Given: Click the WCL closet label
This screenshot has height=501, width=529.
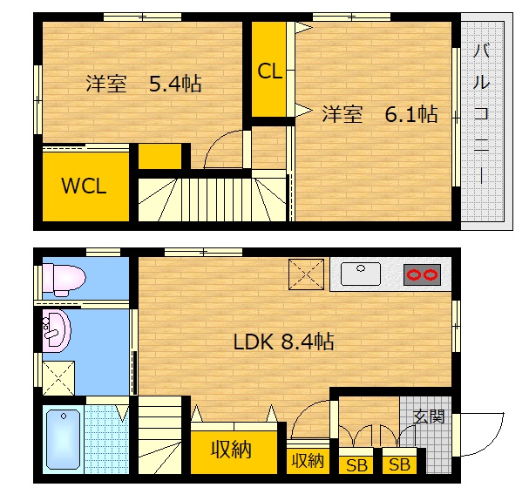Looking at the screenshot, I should [84, 186].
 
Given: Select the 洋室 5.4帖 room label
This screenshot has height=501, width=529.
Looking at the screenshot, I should [144, 85].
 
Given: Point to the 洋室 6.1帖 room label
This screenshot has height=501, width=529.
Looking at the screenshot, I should [380, 114].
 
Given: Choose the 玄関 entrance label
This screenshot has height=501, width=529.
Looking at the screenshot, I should [429, 417].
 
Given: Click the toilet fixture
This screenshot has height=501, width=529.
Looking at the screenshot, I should [64, 279].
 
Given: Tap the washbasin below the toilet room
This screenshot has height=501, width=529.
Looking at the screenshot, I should [56, 331].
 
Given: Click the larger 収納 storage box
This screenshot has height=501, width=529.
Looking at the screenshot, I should [230, 450].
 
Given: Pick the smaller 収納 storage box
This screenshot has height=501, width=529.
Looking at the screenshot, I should [308, 460].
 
